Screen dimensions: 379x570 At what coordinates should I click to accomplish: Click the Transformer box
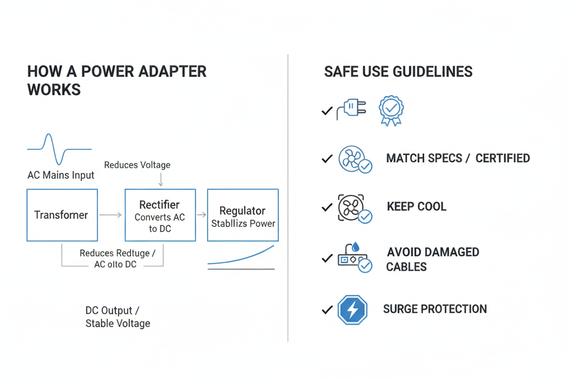coord(62,215)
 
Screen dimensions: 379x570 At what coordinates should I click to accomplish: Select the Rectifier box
coord(160,215)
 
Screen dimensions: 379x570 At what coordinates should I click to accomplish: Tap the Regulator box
coord(243,215)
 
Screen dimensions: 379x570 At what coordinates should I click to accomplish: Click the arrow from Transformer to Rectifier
coord(111,215)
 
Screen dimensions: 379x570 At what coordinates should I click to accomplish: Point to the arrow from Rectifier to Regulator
coord(202,215)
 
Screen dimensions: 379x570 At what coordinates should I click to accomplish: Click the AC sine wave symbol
coord(59,149)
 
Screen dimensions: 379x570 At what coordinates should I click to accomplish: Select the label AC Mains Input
coord(61,175)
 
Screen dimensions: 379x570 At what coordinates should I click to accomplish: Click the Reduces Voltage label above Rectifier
coord(137,165)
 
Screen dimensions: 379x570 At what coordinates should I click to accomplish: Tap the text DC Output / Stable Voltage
coord(117,317)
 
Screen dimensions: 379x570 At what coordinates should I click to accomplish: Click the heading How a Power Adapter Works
coord(116,80)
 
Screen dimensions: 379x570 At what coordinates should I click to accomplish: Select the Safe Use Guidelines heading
coord(398,72)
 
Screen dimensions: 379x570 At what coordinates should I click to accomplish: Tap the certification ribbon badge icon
coord(391,110)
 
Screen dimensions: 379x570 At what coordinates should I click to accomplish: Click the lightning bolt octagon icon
coord(352,310)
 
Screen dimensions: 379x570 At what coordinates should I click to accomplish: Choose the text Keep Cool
coord(416,207)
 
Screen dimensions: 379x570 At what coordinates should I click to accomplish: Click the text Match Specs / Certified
coord(458,158)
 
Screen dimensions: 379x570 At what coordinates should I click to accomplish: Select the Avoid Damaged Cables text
coord(433,259)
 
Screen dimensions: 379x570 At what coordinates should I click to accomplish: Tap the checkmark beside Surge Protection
coord(327,310)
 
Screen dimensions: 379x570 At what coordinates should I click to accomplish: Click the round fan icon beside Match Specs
coord(352,158)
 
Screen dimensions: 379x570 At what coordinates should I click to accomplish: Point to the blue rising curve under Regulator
coord(243,255)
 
